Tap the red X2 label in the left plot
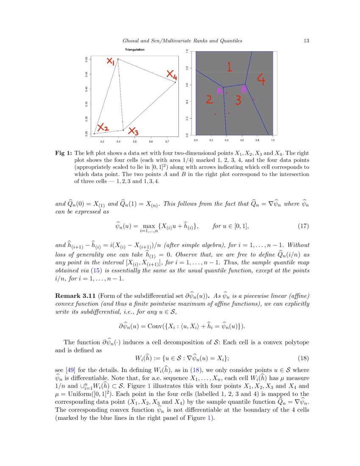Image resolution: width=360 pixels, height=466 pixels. click(103, 128)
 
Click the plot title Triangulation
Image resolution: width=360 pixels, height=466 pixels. click(134, 50)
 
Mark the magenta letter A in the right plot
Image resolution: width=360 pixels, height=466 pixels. click(219, 92)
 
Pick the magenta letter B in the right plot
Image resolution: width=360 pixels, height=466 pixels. click(244, 90)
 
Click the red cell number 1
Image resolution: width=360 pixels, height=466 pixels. click(229, 67)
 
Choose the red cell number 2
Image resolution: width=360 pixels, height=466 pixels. click(209, 100)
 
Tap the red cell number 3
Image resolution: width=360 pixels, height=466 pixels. click(238, 100)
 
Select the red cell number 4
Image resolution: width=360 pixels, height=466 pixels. click(261, 79)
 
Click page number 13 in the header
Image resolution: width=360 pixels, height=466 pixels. click(307, 41)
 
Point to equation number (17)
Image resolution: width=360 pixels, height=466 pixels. click(303, 226)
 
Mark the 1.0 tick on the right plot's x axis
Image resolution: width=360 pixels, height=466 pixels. click(273, 139)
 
